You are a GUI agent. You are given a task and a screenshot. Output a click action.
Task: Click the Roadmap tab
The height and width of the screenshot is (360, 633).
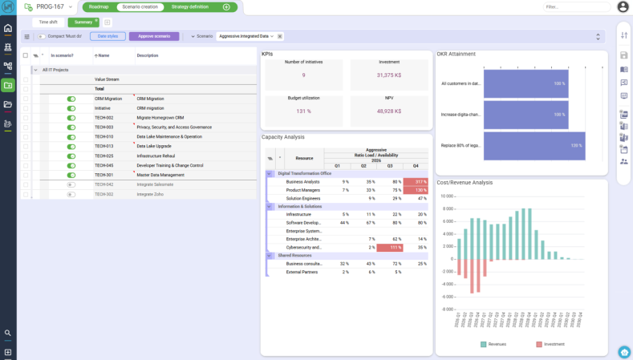[99, 6]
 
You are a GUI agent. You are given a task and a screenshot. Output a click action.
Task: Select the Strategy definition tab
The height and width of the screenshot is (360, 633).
[190, 6]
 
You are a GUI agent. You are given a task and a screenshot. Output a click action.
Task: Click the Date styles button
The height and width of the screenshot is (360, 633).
[107, 36]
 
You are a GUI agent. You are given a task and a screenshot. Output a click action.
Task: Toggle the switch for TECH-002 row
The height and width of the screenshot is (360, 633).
[71, 118]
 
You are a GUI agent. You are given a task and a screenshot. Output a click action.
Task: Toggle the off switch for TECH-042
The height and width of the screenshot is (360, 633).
[71, 184]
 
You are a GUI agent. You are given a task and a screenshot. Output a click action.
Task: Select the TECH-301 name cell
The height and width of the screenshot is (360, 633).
[104, 175]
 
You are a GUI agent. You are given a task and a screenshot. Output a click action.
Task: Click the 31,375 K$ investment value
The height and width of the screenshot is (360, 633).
[389, 75]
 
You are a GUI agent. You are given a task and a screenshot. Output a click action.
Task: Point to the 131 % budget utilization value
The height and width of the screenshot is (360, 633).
[303, 111]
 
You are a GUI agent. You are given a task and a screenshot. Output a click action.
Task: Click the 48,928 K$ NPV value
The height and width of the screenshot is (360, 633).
[389, 111]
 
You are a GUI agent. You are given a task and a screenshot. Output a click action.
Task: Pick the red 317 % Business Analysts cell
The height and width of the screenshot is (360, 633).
[416, 182]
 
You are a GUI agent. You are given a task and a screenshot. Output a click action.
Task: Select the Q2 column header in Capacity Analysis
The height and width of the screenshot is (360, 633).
[365, 166]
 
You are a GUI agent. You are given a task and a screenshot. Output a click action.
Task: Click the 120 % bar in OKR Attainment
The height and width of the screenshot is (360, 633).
[534, 146]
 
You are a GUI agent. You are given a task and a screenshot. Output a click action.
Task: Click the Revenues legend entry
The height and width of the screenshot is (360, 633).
[493, 344]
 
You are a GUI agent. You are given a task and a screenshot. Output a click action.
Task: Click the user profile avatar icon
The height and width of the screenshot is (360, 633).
[623, 7]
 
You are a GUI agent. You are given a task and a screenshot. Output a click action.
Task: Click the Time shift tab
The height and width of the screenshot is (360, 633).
[48, 22]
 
